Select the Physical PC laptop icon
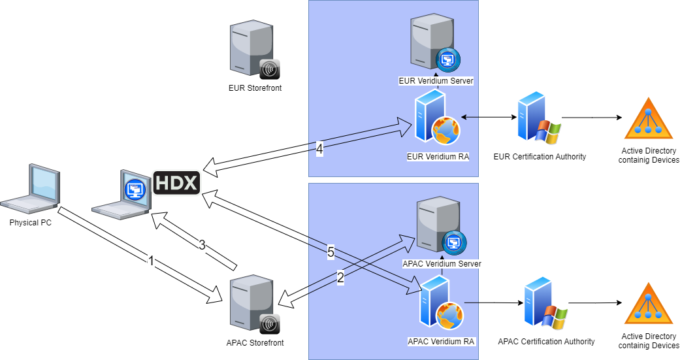tap(31, 190)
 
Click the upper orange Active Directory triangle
tap(648, 120)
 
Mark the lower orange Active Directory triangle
tap(648, 304)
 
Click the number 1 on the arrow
tap(151, 261)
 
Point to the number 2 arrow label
tap(340, 278)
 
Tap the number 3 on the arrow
tap(202, 246)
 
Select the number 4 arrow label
tap(319, 149)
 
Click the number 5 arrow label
tap(331, 252)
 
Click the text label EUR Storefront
tap(255, 88)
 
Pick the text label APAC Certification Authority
tap(546, 342)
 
